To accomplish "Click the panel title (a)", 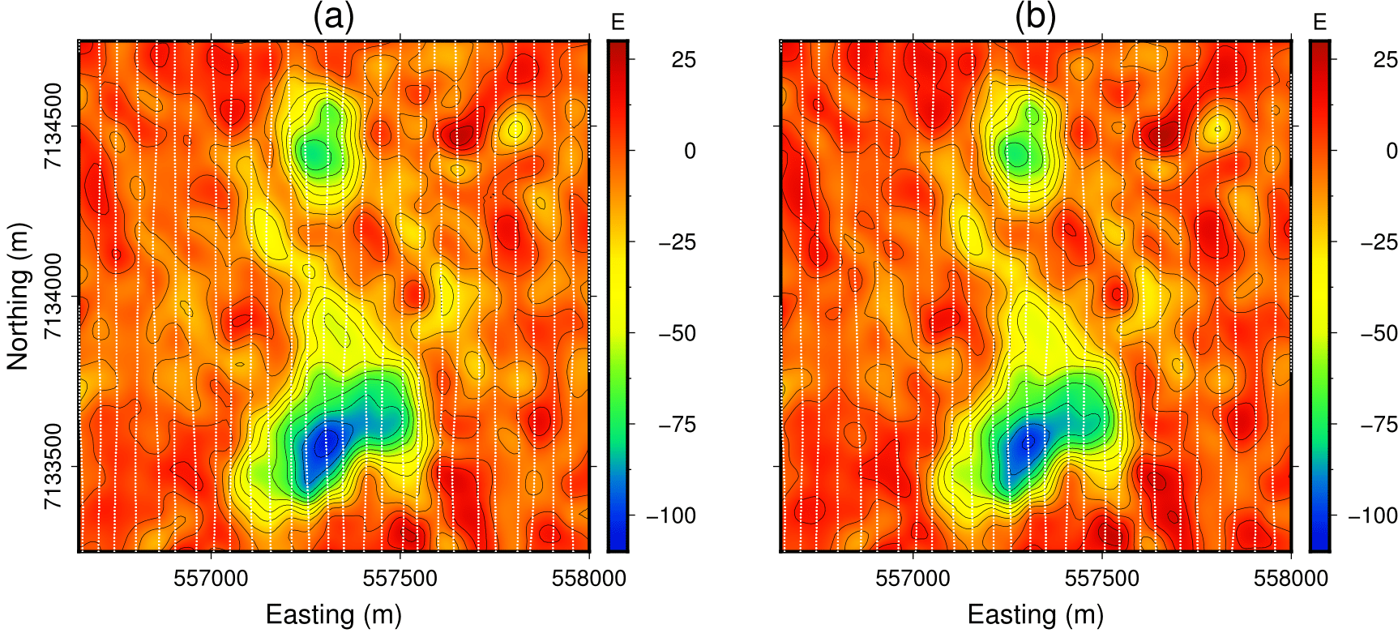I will click(333, 18).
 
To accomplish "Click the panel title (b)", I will click(1035, 18).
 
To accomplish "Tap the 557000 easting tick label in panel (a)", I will click(212, 578).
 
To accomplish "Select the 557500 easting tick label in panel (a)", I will click(400, 578).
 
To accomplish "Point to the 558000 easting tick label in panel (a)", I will click(589, 578).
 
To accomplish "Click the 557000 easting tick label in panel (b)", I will click(913, 578).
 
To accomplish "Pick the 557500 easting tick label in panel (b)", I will click(1102, 578).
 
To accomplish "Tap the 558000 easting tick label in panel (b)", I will click(1291, 578).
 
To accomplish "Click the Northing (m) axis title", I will click(18, 297).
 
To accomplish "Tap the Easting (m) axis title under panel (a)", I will click(333, 614).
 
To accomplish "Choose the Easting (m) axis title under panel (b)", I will click(1035, 614).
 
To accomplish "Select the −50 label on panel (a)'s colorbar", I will click(677, 333).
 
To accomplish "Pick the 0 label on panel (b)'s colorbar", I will click(1392, 151).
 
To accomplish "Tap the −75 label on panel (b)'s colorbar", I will click(1379, 425).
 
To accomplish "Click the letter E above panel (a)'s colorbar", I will click(618, 23).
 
